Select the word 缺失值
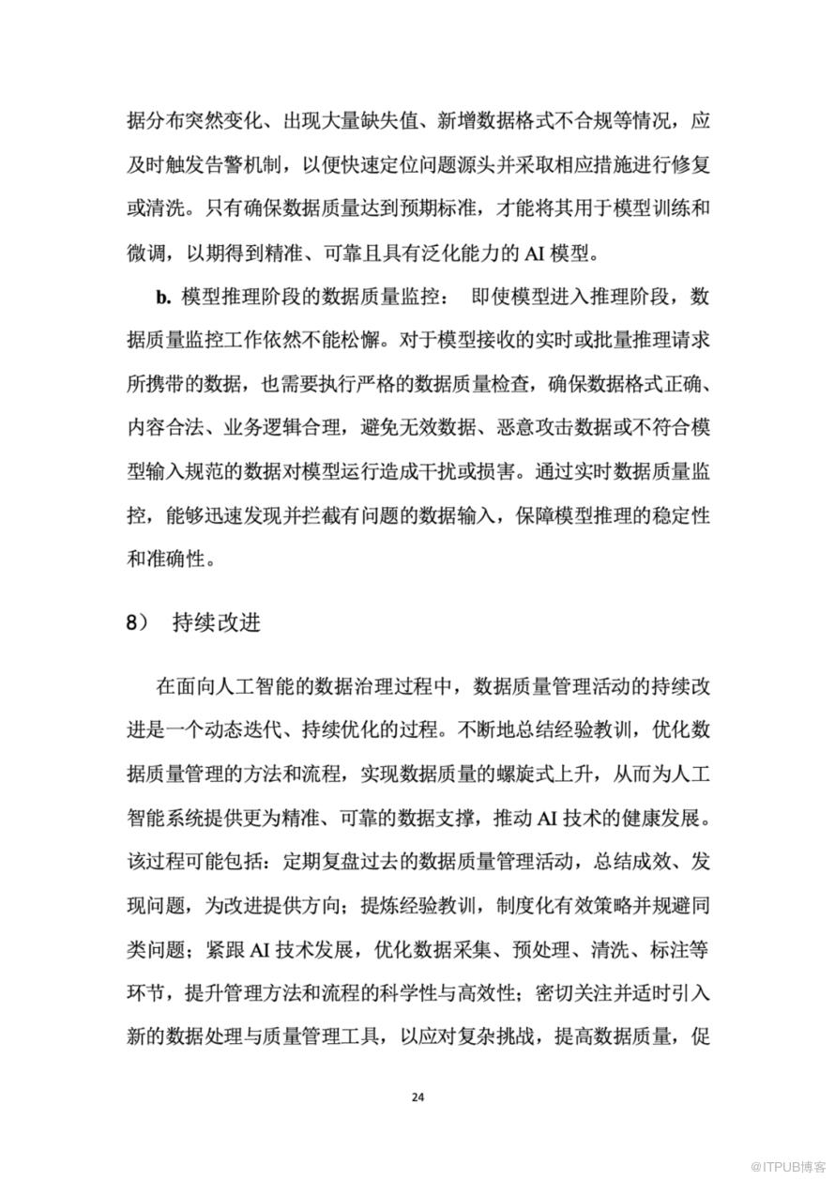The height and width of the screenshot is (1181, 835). [418, 122]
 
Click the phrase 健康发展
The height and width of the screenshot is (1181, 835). [653, 817]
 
